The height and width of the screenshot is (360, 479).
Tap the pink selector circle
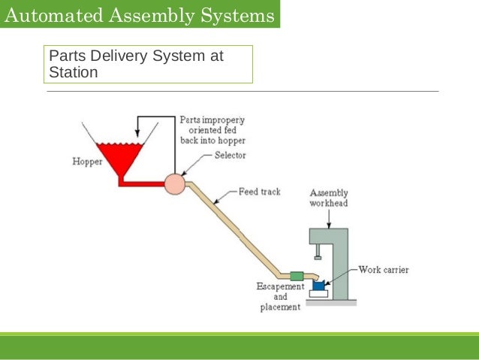(x=175, y=183)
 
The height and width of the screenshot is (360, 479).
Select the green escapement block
(x=297, y=276)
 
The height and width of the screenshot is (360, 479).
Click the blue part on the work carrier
(x=318, y=285)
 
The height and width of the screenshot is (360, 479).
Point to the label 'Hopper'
(x=87, y=162)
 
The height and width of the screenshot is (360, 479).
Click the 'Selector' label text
(x=230, y=156)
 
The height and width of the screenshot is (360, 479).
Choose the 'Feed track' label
(x=259, y=192)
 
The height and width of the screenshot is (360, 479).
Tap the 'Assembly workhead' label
(x=329, y=198)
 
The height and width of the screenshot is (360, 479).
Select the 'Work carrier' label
(x=384, y=269)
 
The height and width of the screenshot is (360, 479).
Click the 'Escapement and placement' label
(x=280, y=297)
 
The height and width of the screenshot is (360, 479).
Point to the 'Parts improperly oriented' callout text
(x=212, y=130)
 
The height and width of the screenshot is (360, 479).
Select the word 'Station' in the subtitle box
(x=73, y=73)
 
